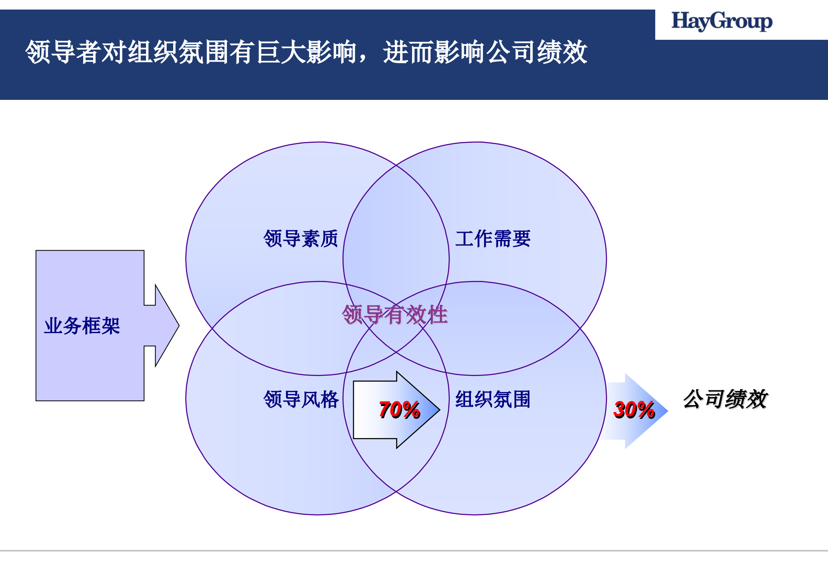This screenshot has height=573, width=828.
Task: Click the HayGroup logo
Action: click(x=722, y=21)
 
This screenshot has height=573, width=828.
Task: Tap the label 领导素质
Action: click(x=301, y=239)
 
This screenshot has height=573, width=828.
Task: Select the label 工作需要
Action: click(x=493, y=239)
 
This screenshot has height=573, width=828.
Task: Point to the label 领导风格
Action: click(x=301, y=399)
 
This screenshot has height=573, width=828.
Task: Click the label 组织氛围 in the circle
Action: click(x=493, y=399)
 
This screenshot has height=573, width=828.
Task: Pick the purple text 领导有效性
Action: click(x=394, y=315)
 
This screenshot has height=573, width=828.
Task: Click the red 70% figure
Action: click(x=399, y=410)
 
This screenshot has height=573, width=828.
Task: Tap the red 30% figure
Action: click(x=634, y=410)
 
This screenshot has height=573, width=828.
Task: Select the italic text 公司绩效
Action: click(x=725, y=399)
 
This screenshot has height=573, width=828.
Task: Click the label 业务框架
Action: click(x=82, y=326)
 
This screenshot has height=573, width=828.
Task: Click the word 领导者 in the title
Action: click(x=64, y=52)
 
